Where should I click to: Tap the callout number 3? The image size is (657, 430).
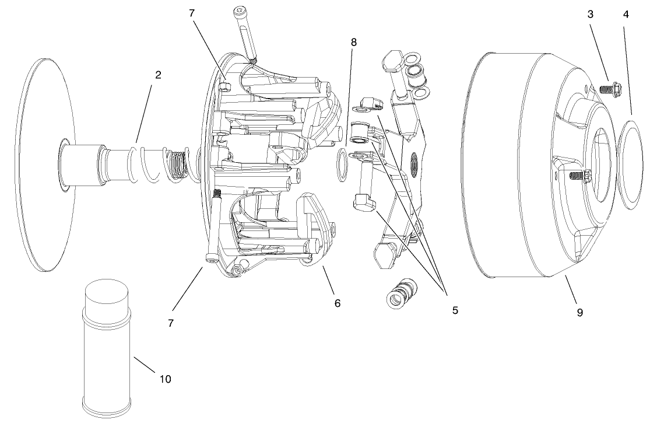tap(591, 15)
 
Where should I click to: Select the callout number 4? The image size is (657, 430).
tap(626, 15)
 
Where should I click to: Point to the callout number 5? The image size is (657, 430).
tap(455, 310)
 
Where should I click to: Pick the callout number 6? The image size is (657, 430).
tap(338, 303)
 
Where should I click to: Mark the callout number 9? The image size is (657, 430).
tap(579, 312)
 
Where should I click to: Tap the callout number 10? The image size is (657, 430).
tap(166, 379)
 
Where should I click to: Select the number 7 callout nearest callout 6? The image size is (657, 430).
tap(171, 323)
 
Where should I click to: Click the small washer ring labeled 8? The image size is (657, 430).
tap(341, 165)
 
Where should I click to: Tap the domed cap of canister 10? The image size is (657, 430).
tap(106, 296)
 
